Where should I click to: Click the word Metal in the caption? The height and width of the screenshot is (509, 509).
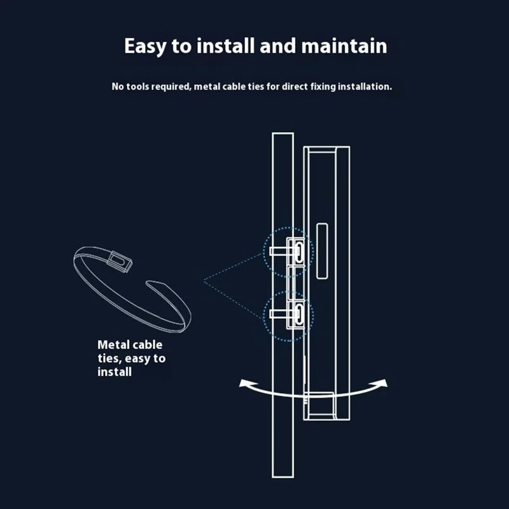pyautogui.click(x=112, y=345)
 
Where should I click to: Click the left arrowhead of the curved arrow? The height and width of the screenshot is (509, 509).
pyautogui.click(x=244, y=384)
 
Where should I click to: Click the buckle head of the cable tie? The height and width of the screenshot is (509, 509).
pyautogui.click(x=120, y=261)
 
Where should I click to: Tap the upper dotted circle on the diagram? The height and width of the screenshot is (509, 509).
pyautogui.click(x=263, y=252)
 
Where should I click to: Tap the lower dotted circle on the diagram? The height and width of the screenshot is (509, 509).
pyautogui.click(x=263, y=316)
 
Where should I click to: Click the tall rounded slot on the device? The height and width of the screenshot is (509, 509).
pyautogui.click(x=322, y=251)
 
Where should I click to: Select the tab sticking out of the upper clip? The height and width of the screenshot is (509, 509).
pyautogui.click(x=278, y=251)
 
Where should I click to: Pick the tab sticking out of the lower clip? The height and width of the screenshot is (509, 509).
pyautogui.click(x=278, y=314)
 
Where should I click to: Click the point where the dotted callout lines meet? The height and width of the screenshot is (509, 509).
pyautogui.click(x=204, y=281)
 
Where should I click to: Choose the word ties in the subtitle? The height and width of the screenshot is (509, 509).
pyautogui.click(x=256, y=87)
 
